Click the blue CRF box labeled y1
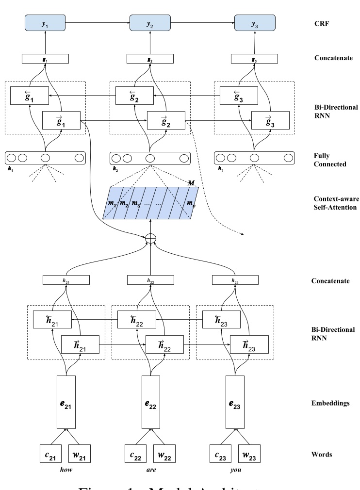click(45, 22)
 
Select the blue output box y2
click(150, 22)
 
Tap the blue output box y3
click(255, 22)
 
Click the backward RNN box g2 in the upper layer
click(134, 95)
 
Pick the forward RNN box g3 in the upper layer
click(270, 120)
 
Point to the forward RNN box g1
click(61, 120)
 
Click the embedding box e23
click(235, 403)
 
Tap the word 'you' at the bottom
click(235, 470)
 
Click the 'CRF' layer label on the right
click(322, 22)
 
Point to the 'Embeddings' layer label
click(332, 403)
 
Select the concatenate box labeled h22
click(150, 280)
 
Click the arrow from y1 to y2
click(98, 22)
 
